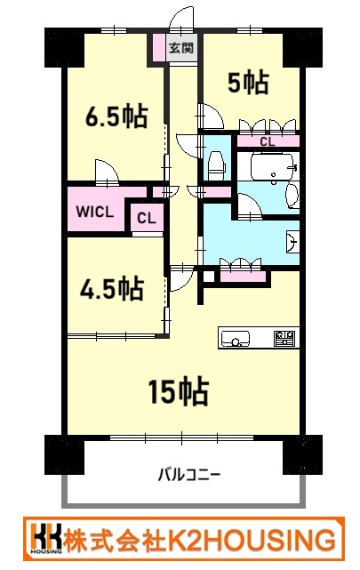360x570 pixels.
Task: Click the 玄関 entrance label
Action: pyautogui.click(x=181, y=48)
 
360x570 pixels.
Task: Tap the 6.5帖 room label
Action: pyautogui.click(x=116, y=116)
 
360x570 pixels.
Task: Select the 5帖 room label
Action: pyautogui.click(x=248, y=83)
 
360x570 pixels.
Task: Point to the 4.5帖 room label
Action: pyautogui.click(x=111, y=289)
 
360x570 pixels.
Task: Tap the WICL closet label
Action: pyautogui.click(x=95, y=212)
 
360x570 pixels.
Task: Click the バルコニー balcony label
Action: pyautogui.click(x=189, y=475)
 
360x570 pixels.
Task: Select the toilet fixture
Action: pyautogui.click(x=217, y=165)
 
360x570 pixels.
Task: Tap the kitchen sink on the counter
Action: pyautogui.click(x=236, y=339)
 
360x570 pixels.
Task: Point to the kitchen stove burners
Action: pyautogui.click(x=285, y=338)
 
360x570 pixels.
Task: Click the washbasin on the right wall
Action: pyautogui.click(x=292, y=241)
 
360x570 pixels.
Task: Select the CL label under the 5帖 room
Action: pyautogui.click(x=268, y=141)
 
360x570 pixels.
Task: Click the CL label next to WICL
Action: pyautogui.click(x=147, y=218)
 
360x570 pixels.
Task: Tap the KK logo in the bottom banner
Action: pyautogui.click(x=46, y=538)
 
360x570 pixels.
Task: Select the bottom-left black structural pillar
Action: pyautogui.click(x=64, y=454)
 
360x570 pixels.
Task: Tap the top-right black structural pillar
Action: pyautogui.click(x=302, y=47)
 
